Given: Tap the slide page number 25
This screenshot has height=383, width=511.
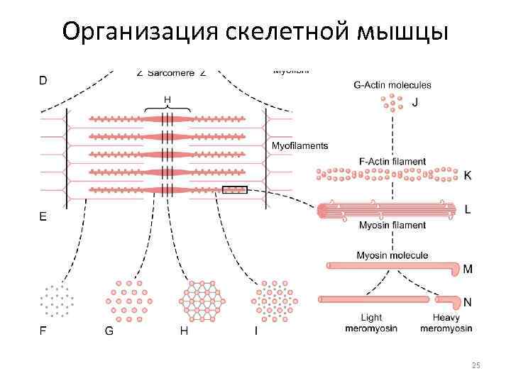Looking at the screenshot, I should (476, 365).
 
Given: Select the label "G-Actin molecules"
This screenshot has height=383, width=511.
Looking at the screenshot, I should (392, 85).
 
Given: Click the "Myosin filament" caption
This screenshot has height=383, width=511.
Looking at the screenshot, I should (392, 225).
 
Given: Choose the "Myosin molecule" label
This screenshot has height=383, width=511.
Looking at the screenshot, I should (392, 255).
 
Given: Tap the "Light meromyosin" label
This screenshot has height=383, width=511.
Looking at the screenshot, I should (371, 323).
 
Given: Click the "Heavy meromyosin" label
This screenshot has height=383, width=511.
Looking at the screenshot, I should (446, 323).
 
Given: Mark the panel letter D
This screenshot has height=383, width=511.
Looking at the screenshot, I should (43, 81).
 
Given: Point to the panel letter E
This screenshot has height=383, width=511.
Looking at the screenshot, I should (43, 218).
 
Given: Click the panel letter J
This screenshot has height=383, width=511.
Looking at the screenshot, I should (415, 102).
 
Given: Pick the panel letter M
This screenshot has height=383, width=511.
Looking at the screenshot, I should (468, 270).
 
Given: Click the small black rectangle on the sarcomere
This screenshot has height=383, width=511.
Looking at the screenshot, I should (234, 189).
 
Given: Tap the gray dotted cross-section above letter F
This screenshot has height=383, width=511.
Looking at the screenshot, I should (57, 300).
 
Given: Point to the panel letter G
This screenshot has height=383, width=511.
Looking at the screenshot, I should (109, 330).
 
